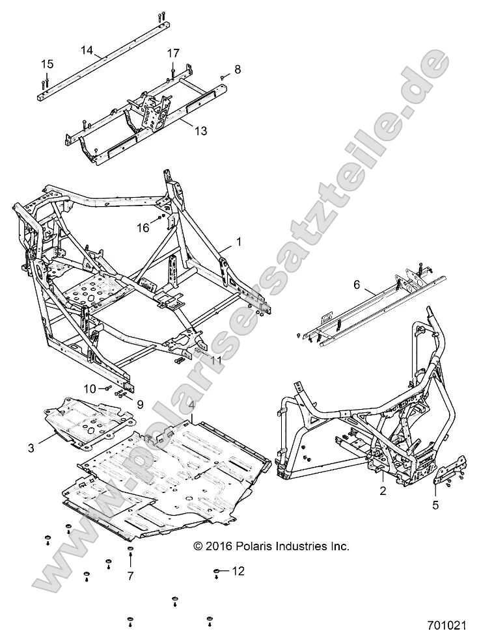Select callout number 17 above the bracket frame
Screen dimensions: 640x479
(173, 53)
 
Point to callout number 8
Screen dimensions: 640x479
(238, 68)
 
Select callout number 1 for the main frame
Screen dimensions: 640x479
(239, 242)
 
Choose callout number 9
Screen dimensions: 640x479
(139, 404)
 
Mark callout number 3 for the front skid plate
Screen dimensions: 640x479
(31, 447)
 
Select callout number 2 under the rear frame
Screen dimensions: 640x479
(383, 491)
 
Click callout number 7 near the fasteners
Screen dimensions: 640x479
(130, 576)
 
